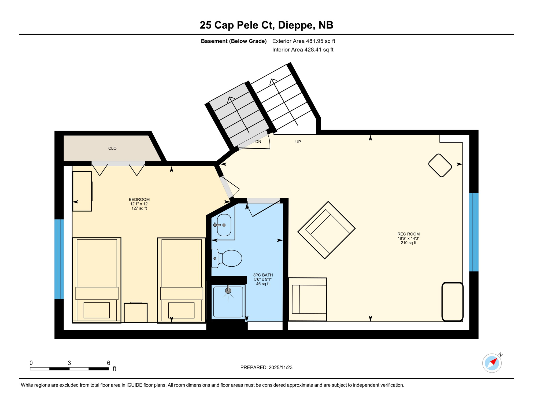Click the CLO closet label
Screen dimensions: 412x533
(x=112, y=148)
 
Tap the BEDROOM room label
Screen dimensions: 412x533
(x=139, y=200)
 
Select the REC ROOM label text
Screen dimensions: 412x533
(x=408, y=234)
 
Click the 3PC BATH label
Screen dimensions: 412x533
(x=263, y=275)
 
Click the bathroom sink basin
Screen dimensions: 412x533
(x=224, y=225)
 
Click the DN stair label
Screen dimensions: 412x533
(x=258, y=142)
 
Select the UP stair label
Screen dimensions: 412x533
(x=298, y=142)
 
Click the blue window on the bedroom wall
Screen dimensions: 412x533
(x=59, y=259)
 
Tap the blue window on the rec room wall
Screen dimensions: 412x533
(x=474, y=232)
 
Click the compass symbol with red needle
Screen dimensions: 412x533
(x=492, y=363)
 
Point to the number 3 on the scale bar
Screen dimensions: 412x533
(x=69, y=363)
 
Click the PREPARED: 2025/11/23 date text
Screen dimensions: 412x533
(x=266, y=368)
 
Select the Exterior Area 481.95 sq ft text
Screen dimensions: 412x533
(x=303, y=41)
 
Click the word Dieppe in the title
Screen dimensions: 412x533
(x=296, y=25)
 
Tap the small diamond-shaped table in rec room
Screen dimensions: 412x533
(x=440, y=165)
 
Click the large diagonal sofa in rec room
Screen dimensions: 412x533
(x=326, y=230)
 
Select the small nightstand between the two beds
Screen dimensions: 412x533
(x=136, y=313)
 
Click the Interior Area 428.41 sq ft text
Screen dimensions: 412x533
(x=303, y=50)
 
